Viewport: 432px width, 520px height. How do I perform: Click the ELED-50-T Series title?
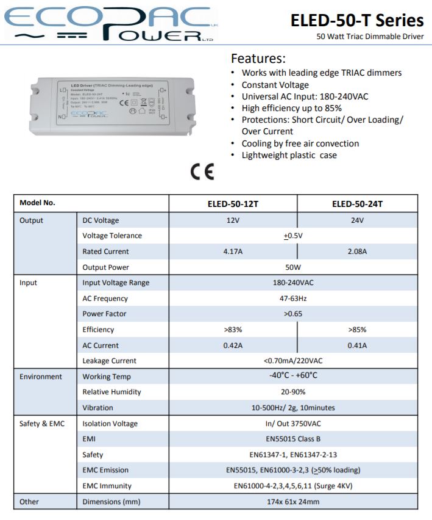coord(357,20)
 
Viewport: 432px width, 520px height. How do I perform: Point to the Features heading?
coord(258,59)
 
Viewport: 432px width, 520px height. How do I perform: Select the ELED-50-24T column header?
coord(357,204)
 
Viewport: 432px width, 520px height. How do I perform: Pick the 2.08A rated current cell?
coord(357,251)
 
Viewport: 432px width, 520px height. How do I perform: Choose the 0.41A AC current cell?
coord(357,345)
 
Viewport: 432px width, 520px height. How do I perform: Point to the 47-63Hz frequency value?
coord(293,298)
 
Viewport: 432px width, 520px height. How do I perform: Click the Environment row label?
coord(41,377)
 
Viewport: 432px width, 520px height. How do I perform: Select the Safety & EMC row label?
coord(42,424)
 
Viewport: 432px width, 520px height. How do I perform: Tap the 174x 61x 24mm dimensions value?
coord(293,502)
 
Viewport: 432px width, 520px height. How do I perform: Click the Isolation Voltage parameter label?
coord(110,424)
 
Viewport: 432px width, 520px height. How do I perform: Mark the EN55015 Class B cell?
coord(293,439)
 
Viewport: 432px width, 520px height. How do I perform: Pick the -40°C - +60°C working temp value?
coord(293,376)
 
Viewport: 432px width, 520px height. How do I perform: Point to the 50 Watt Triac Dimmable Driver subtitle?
coord(370,36)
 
